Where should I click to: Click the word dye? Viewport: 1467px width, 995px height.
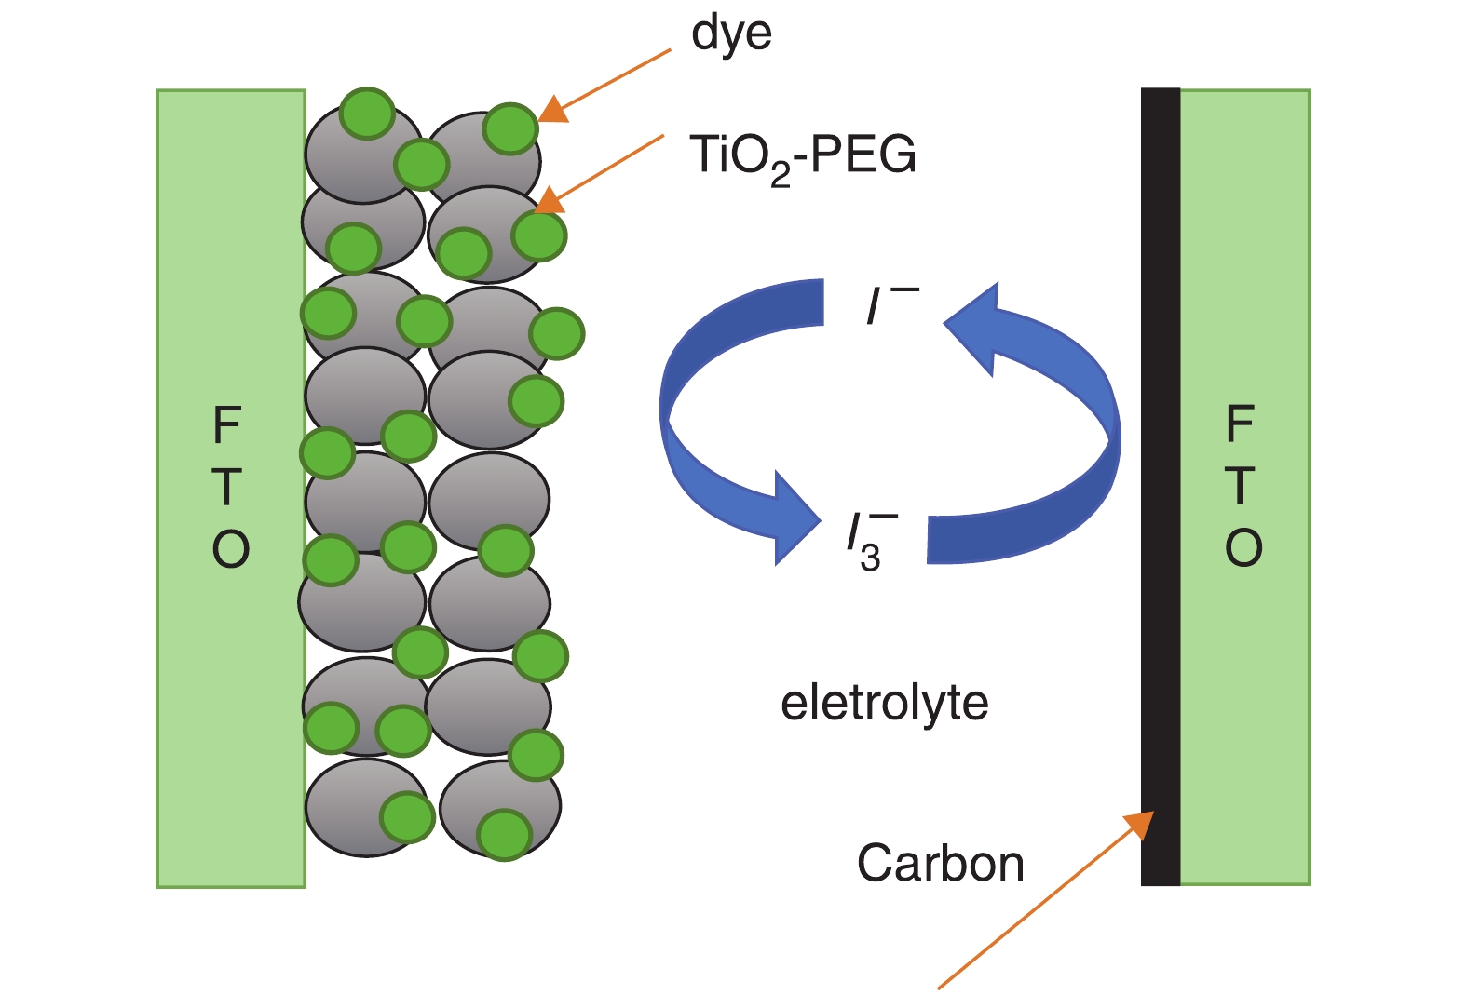click(x=731, y=35)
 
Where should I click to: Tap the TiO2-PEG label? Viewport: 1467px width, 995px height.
click(x=802, y=156)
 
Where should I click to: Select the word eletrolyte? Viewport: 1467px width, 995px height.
click(x=884, y=703)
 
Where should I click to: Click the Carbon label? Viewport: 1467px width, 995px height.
click(x=940, y=864)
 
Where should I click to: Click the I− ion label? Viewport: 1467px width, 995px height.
click(x=890, y=304)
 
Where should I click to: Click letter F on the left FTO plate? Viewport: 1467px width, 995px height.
click(x=227, y=426)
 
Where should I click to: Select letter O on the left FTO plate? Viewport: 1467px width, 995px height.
click(x=230, y=549)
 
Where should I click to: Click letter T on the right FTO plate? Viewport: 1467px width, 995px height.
click(x=1240, y=486)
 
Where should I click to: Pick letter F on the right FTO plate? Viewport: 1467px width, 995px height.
click(x=1240, y=424)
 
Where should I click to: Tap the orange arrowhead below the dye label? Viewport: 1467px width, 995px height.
click(x=552, y=110)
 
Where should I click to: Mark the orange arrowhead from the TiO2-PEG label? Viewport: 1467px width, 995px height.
click(x=550, y=200)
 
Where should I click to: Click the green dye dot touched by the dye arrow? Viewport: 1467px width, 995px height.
click(x=509, y=128)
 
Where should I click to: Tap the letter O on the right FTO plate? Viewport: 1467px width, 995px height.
click(x=1243, y=547)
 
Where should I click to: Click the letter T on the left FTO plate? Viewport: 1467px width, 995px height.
click(x=227, y=487)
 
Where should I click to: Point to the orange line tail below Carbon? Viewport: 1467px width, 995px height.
click(x=941, y=986)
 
